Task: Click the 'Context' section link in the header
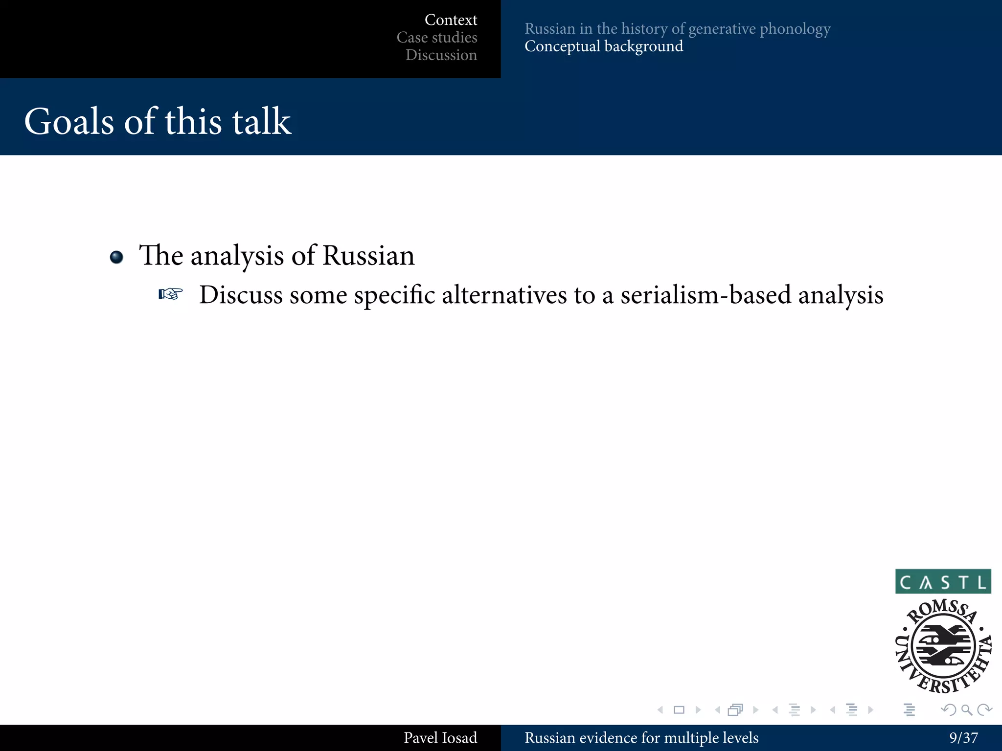click(x=451, y=20)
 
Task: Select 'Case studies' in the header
click(x=436, y=38)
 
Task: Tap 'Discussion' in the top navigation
click(x=441, y=55)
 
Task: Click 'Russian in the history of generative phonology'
click(x=677, y=29)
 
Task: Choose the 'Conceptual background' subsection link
click(x=604, y=46)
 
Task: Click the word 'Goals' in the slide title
click(x=69, y=121)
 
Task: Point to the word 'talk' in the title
click(x=261, y=121)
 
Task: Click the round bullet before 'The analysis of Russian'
click(x=116, y=257)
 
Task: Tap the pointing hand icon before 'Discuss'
click(x=170, y=294)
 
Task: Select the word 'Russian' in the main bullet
click(x=368, y=256)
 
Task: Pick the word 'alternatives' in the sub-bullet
click(x=504, y=295)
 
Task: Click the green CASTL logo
click(x=943, y=581)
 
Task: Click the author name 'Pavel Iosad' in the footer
click(x=440, y=738)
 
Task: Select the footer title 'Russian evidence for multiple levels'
click(x=641, y=738)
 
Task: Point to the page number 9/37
click(x=963, y=738)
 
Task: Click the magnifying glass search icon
click(x=966, y=710)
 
